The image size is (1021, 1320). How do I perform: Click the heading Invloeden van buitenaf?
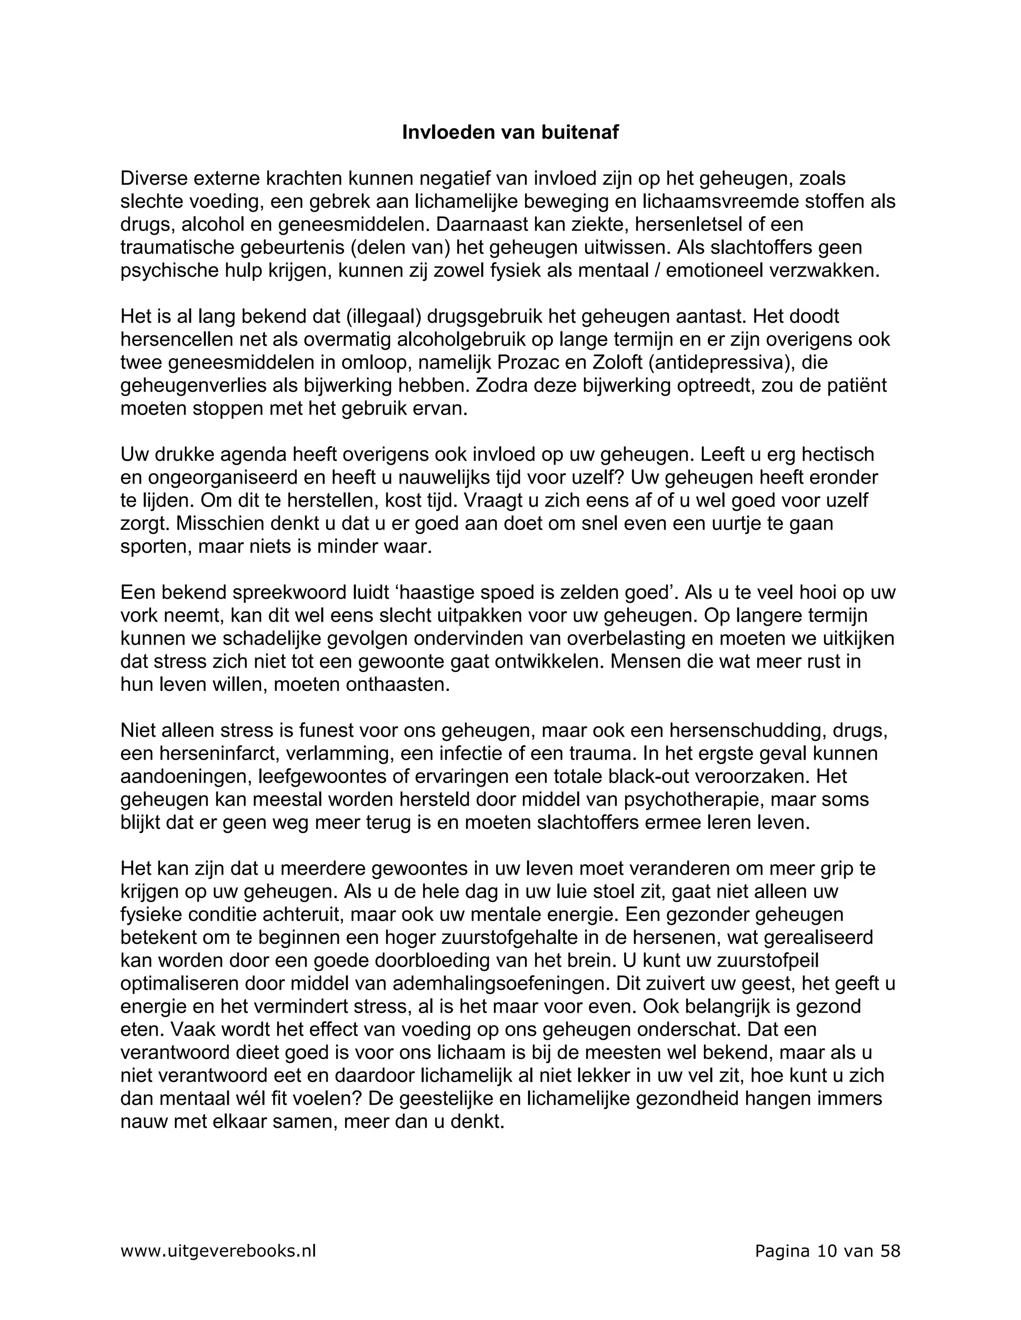click(510, 132)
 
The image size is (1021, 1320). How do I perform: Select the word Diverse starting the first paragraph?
click(153, 179)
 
